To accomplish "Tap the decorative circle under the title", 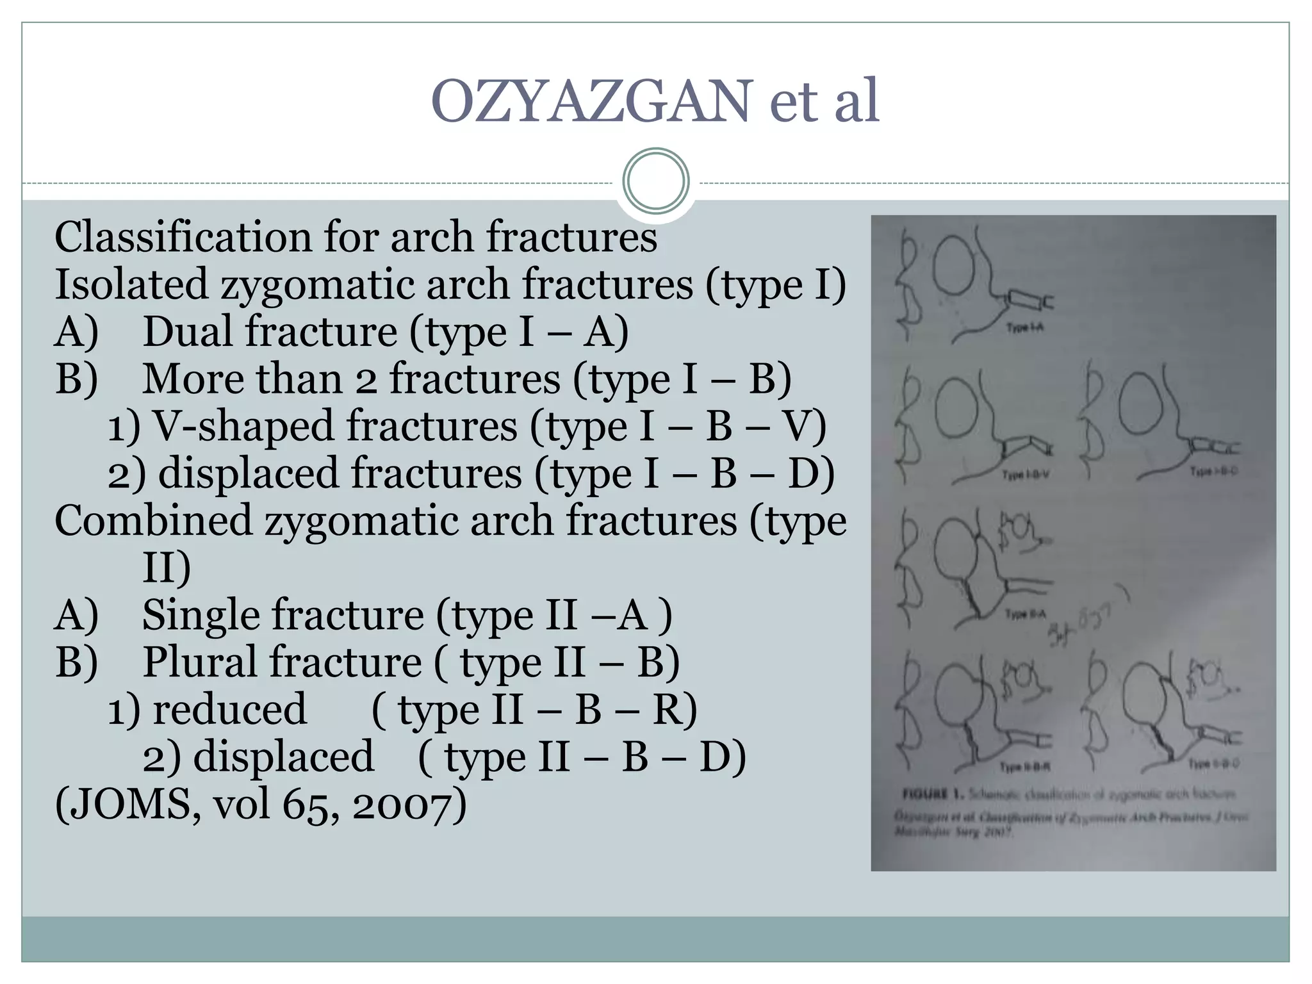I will point(655,181).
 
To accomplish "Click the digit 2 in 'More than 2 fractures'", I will point(366,380).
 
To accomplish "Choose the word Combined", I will point(153,520).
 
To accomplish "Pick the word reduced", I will point(229,709).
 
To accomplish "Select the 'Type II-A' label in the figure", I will point(1026,614).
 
